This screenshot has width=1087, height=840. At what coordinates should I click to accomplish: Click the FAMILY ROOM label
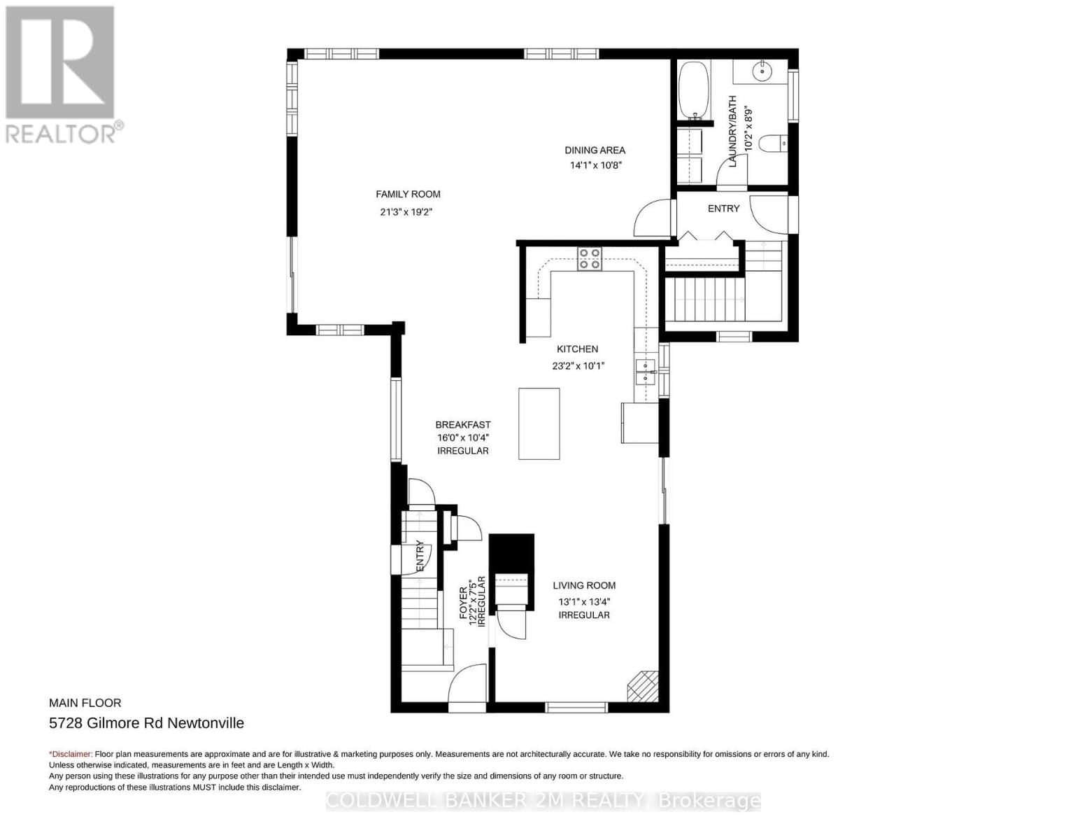(408, 195)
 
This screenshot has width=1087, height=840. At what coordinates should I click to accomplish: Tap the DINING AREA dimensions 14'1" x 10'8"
(595, 166)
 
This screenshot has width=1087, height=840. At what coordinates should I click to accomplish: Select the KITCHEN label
(577, 349)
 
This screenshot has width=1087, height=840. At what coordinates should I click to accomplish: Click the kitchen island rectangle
(539, 423)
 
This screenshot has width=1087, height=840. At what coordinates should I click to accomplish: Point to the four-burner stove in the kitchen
(589, 259)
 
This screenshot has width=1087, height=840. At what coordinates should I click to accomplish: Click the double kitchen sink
(645, 372)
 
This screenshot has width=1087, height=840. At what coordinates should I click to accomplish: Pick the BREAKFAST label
(462, 425)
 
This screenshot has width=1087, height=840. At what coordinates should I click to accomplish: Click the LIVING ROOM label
(584, 586)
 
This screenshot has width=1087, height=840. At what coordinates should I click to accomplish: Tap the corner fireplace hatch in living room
(642, 686)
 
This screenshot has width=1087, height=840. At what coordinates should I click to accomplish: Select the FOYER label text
(463, 603)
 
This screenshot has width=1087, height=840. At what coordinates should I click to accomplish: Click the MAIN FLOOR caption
(85, 703)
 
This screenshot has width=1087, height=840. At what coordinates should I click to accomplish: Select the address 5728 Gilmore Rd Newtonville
(146, 723)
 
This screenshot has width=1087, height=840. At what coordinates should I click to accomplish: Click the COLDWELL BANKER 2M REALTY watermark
(543, 801)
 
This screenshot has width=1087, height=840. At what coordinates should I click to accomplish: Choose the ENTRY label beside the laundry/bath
(723, 209)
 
